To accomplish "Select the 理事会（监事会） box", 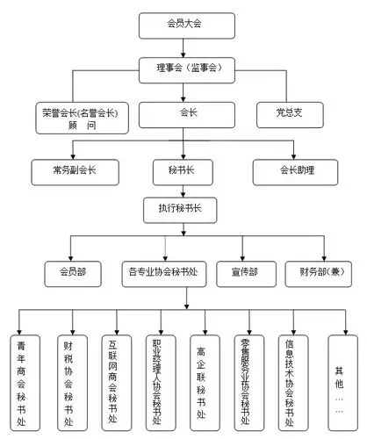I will (183, 67).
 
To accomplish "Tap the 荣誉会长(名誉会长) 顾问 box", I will (80, 118).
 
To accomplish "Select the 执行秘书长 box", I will (183, 211).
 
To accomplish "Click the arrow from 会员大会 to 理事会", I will (183, 47).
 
